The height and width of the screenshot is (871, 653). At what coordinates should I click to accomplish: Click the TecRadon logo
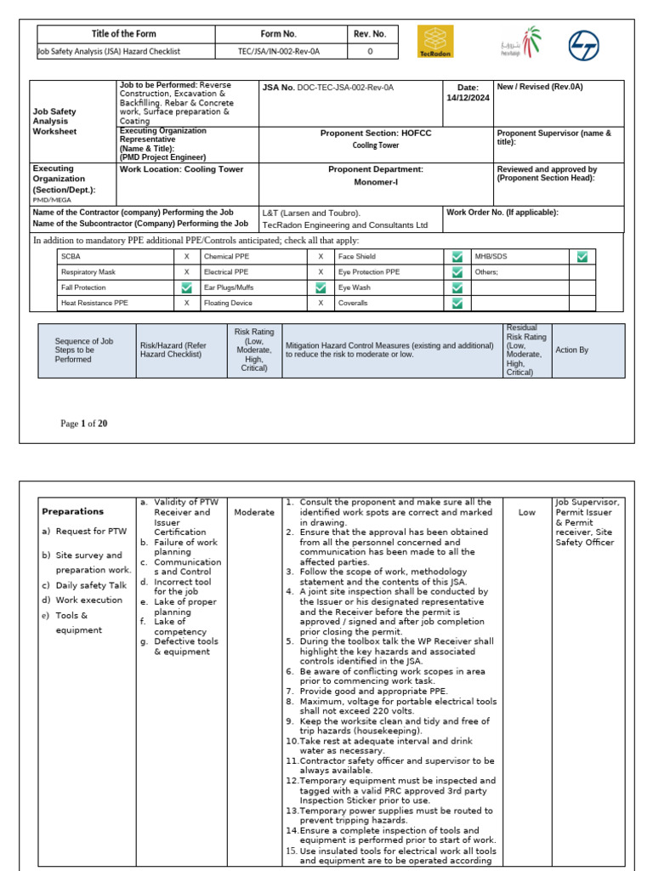click(436, 41)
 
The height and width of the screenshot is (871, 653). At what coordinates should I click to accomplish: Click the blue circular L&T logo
click(584, 42)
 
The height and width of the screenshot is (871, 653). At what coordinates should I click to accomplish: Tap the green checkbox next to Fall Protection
click(186, 287)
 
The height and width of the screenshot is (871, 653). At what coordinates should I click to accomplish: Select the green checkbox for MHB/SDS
click(582, 256)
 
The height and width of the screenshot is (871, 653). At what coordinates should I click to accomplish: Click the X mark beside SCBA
click(186, 256)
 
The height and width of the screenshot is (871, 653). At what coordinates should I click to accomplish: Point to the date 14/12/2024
click(468, 98)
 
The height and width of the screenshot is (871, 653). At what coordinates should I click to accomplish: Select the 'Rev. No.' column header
click(369, 34)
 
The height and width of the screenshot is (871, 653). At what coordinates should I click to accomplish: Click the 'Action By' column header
click(571, 350)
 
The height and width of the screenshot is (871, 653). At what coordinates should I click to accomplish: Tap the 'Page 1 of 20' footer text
click(83, 424)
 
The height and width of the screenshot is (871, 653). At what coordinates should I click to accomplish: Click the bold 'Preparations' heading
click(72, 511)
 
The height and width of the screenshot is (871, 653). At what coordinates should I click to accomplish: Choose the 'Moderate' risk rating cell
click(254, 512)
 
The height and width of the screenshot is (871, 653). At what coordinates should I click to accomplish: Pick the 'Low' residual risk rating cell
click(526, 512)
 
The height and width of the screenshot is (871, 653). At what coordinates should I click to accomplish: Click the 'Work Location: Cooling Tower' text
click(181, 169)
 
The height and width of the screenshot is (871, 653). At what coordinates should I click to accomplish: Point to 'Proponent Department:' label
click(375, 169)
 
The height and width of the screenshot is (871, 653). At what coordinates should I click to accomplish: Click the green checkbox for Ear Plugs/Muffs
click(321, 287)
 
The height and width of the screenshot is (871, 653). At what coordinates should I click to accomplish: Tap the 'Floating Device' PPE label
click(229, 303)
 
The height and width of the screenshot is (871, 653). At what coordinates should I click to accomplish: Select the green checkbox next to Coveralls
click(457, 303)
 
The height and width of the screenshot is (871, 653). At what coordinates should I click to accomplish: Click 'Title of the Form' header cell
click(126, 34)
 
